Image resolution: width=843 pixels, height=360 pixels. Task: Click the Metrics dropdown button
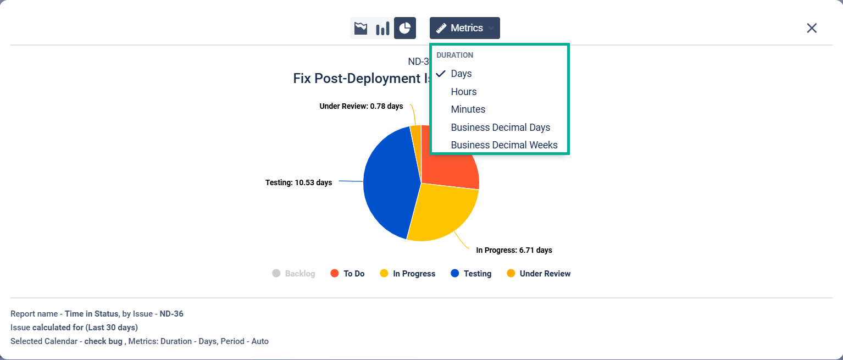coord(464,28)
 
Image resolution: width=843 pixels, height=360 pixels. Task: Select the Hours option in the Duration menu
coord(464,92)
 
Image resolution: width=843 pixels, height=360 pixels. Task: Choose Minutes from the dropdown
coord(468,109)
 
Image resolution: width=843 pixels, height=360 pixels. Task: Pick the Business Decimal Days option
coord(500,128)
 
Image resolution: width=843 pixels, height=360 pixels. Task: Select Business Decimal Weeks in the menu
coord(504,145)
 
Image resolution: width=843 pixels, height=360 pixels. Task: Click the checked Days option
coord(461,74)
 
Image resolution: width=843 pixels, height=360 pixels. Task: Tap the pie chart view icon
coord(405,28)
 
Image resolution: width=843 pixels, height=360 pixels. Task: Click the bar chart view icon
coord(382,28)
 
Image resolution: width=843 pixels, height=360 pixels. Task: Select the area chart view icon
coord(361,28)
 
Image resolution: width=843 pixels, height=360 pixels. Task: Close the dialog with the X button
coord(812,28)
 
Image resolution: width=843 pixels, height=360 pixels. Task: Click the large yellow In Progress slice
coord(442,212)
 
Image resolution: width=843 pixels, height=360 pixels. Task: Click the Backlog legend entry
coord(293,274)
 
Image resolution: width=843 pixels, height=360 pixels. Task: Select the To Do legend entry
coord(347,274)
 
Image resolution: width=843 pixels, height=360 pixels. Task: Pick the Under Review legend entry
coord(539,274)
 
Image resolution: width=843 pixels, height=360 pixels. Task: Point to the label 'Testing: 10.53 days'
coord(298,182)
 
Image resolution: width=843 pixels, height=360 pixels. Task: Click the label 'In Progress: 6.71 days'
coord(514,250)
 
